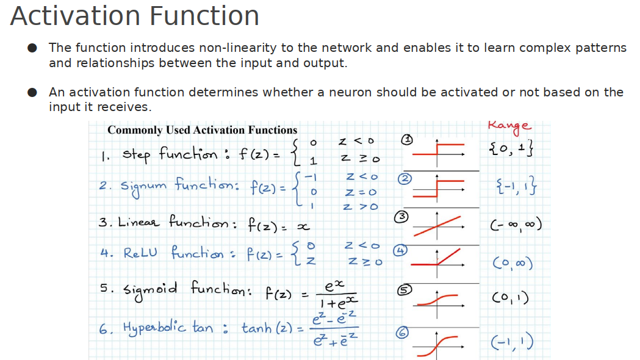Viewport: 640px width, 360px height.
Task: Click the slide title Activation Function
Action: pyautogui.click(x=135, y=16)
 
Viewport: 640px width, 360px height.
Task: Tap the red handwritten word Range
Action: pyautogui.click(x=509, y=126)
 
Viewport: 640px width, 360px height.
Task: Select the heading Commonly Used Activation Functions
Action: pyautogui.click(x=202, y=130)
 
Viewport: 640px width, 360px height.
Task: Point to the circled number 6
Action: pyautogui.click(x=402, y=332)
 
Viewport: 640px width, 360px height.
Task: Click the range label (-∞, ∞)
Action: pyautogui.click(x=516, y=226)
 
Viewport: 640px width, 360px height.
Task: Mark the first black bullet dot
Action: pyautogui.click(x=34, y=48)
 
